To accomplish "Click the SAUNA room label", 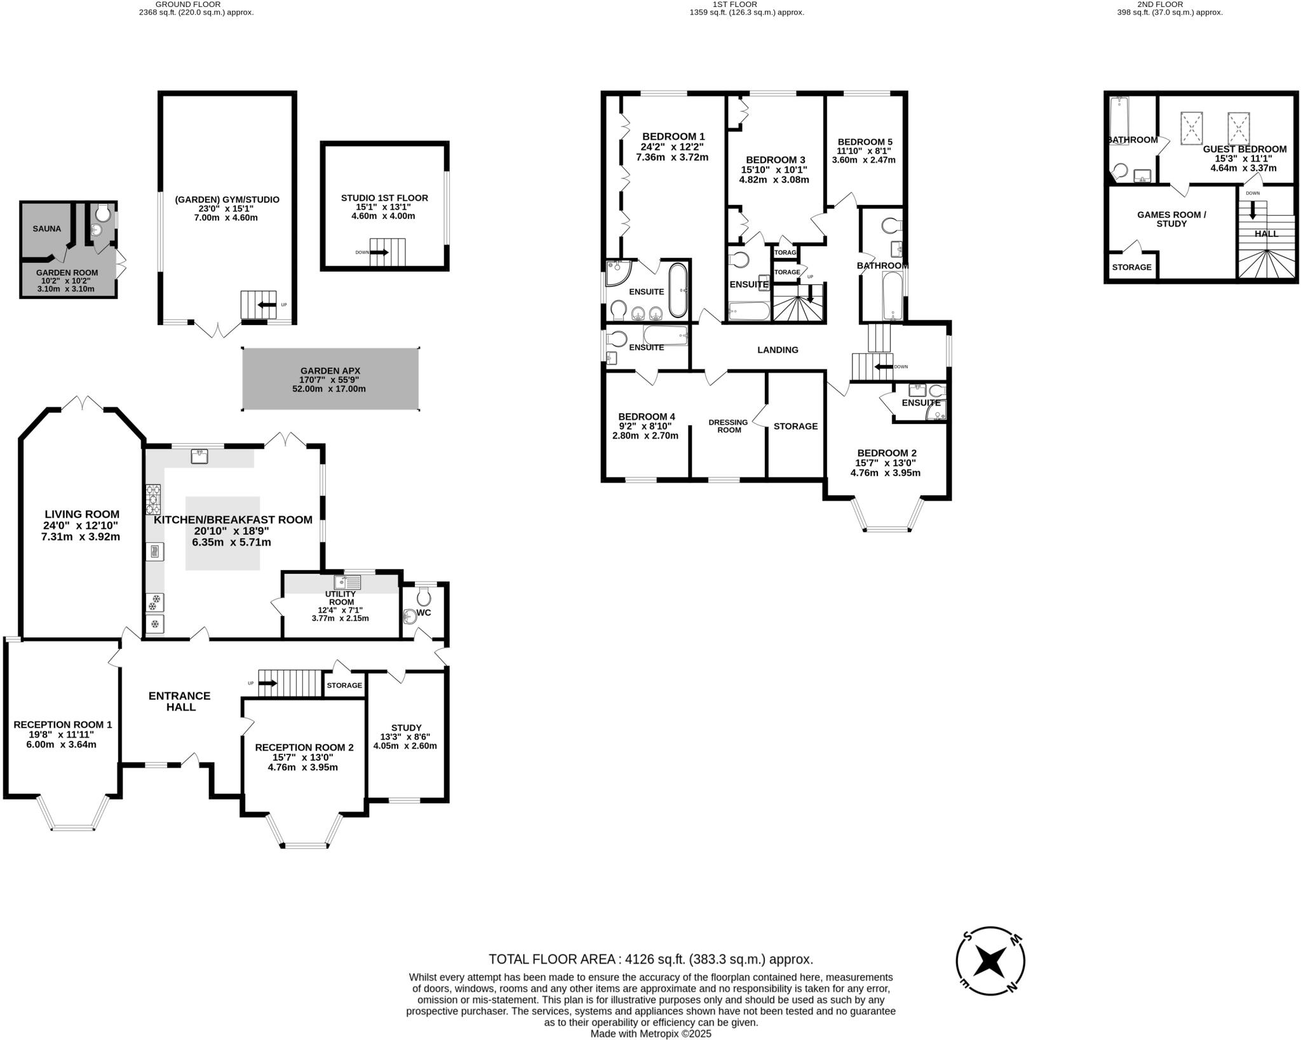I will click(47, 229).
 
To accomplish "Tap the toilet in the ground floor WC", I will click(424, 596).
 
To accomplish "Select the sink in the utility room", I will click(347, 582).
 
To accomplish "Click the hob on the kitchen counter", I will click(153, 499).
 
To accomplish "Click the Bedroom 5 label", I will click(865, 142).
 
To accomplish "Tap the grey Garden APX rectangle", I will click(330, 379).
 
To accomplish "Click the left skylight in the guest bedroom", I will click(1192, 128).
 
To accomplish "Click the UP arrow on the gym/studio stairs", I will click(266, 305).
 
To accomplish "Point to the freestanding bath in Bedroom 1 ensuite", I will click(678, 290).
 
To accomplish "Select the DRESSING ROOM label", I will click(729, 426).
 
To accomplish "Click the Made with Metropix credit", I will click(650, 1034).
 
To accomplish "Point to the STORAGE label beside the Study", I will click(344, 685).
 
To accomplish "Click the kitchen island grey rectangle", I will click(222, 533).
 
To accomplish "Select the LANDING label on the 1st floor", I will click(778, 350).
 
